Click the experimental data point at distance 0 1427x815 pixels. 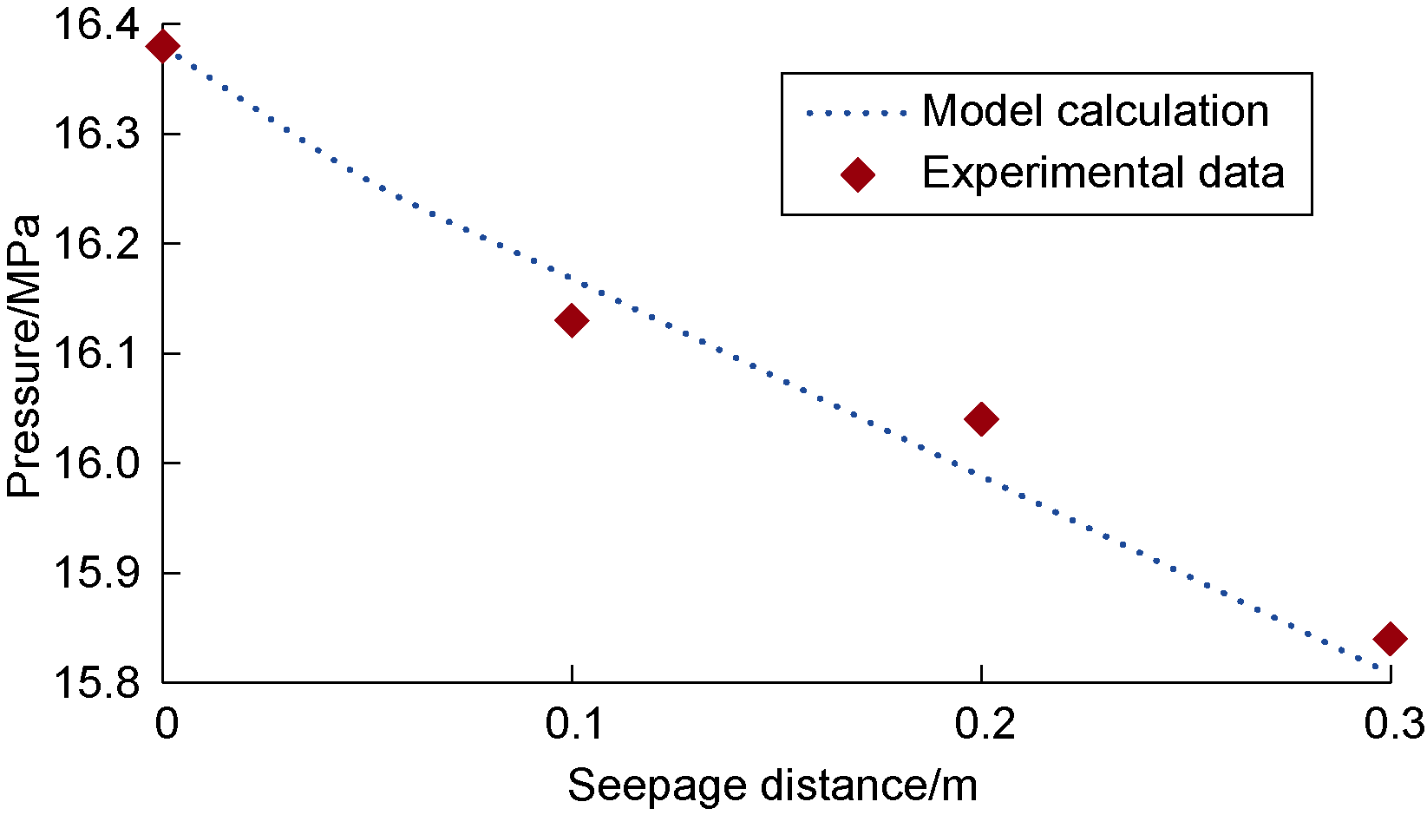(163, 46)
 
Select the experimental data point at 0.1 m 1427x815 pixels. (571, 320)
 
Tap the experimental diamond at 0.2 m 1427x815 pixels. (981, 419)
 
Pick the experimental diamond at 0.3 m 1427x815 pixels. (1390, 639)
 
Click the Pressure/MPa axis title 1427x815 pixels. (24, 356)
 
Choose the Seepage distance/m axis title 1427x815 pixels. (772, 785)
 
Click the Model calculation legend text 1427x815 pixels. (1095, 111)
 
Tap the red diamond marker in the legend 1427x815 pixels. (858, 174)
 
